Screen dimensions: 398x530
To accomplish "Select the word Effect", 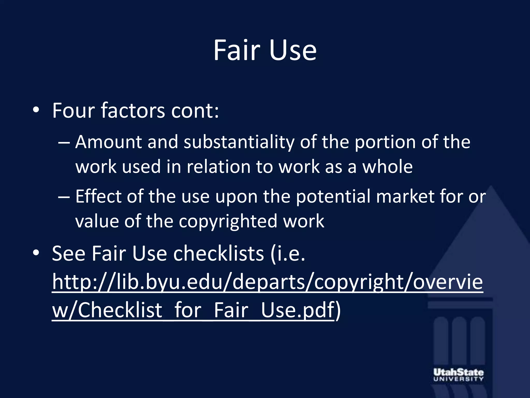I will pos(98,196).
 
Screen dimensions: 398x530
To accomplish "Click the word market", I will pos(405,196).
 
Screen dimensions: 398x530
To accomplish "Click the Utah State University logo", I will pos(458,375).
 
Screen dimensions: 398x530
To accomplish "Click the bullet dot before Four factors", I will pos(36,111).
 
